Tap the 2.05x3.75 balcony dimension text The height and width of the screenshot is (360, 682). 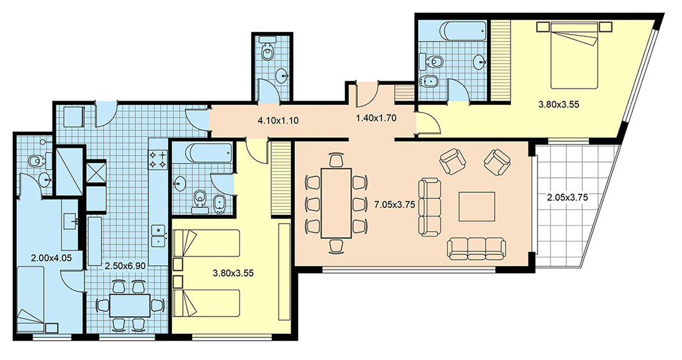pyautogui.click(x=568, y=197)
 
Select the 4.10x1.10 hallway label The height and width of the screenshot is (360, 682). pyautogui.click(x=278, y=121)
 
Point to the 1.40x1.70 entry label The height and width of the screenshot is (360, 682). pyautogui.click(x=376, y=117)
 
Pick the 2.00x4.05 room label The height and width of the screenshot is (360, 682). pyautogui.click(x=51, y=258)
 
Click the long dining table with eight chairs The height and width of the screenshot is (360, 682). pyautogui.click(x=336, y=203)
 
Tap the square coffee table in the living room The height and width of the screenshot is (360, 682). pyautogui.click(x=477, y=207)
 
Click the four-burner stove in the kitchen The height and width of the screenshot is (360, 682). pyautogui.click(x=158, y=159)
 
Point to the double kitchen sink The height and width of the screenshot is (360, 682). pyautogui.click(x=158, y=236)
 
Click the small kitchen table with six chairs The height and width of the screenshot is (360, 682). pyautogui.click(x=130, y=306)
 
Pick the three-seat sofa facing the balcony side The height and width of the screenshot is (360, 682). pyautogui.click(x=430, y=208)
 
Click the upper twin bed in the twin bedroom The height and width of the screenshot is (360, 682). pyautogui.click(x=206, y=244)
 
